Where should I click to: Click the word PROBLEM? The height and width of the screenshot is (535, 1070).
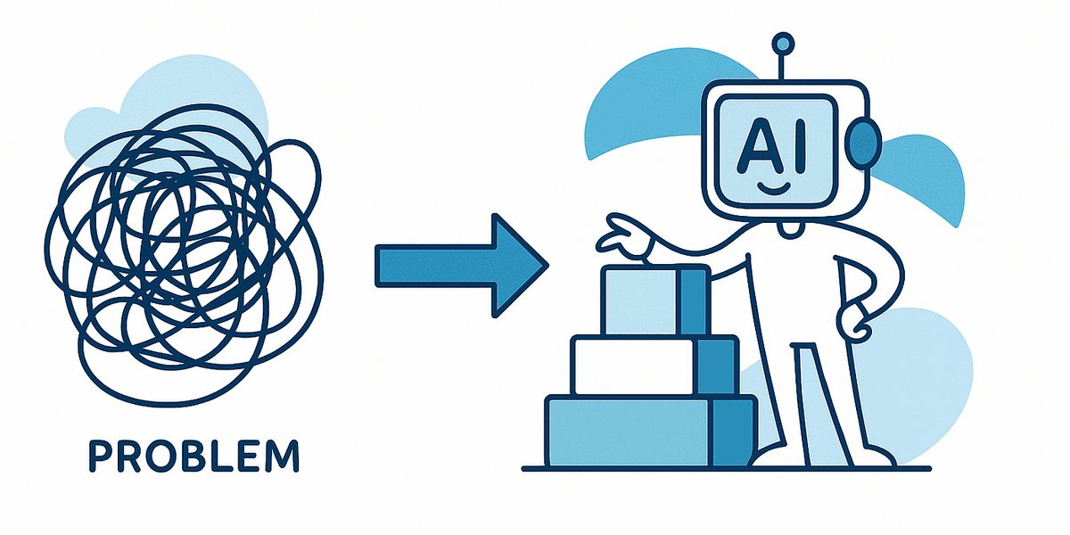point(194,457)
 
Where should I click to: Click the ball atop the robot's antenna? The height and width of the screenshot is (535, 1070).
point(783,44)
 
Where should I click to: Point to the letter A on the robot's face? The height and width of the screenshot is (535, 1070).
point(760,146)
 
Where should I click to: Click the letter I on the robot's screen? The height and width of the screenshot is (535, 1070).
point(799,145)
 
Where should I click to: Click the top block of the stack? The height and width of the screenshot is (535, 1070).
point(655,300)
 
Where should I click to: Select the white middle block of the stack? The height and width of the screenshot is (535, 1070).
point(654,366)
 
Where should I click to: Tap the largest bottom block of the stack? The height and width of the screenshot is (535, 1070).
point(651,432)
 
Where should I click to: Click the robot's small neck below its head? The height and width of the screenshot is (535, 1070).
point(788,229)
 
